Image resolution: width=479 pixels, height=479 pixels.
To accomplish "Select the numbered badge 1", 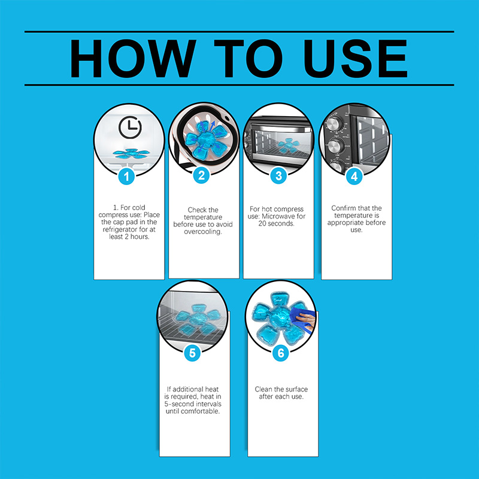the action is tap(126, 176).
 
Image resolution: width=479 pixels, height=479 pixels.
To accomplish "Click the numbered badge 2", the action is tap(201, 175).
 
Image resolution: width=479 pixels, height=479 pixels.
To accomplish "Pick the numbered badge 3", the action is tap(278, 176).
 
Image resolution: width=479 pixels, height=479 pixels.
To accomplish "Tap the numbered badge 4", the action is tap(354, 177).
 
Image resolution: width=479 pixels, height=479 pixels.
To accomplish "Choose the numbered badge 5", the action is tap(192, 353).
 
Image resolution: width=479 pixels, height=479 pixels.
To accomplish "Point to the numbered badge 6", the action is tap(280, 353).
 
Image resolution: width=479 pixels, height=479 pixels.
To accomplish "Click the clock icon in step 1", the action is tap(130, 127).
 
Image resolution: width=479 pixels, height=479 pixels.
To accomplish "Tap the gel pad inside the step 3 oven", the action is tap(287, 145).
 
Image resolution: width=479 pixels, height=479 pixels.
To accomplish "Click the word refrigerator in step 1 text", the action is tap(129, 229).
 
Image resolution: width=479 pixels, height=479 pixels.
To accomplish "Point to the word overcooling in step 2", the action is tap(203, 232).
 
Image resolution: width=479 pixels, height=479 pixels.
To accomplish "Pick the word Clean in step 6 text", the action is tap(263, 389).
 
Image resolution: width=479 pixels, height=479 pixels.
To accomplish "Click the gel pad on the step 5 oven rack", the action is tap(198, 320).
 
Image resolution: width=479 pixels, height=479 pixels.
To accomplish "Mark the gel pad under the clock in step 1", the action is tap(131, 153).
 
